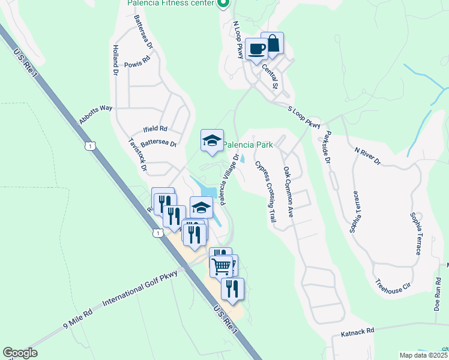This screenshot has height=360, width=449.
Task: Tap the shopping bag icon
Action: click(x=273, y=44)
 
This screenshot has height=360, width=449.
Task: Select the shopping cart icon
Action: click(x=221, y=265)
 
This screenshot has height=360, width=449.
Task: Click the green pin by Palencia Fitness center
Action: click(x=223, y=4)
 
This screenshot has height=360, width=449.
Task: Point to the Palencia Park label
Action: click(x=249, y=145)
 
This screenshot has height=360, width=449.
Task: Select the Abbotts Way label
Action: click(x=96, y=115)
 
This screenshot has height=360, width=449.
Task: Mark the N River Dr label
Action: click(x=368, y=155)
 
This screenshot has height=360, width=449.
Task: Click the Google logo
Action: click(x=20, y=353)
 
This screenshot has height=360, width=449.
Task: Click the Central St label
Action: click(x=272, y=77)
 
